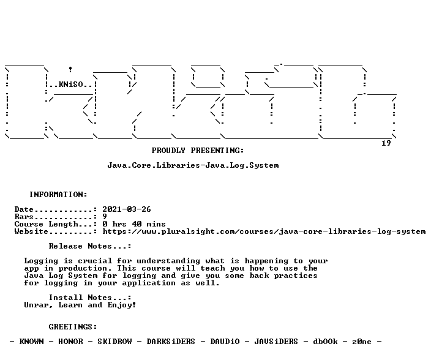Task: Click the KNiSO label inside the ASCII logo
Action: click(70, 84)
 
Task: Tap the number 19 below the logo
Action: click(386, 143)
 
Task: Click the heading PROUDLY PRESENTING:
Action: click(198, 151)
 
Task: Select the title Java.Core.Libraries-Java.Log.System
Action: click(193, 165)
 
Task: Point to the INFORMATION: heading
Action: click(58, 195)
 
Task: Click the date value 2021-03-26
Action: click(127, 209)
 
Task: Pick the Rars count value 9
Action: click(105, 217)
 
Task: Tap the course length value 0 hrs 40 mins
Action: click(134, 224)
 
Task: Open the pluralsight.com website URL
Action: click(264, 231)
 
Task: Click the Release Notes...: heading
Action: click(90, 246)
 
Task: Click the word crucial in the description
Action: click(95, 261)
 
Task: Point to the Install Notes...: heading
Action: click(90, 298)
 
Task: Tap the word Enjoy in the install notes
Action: click(119, 305)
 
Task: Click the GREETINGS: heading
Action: click(73, 327)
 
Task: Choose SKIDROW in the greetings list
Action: click(114, 341)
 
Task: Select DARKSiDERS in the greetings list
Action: click(171, 341)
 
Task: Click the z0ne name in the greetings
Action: click(362, 341)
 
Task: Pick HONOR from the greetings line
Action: click(70, 341)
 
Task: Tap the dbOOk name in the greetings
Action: click(325, 341)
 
